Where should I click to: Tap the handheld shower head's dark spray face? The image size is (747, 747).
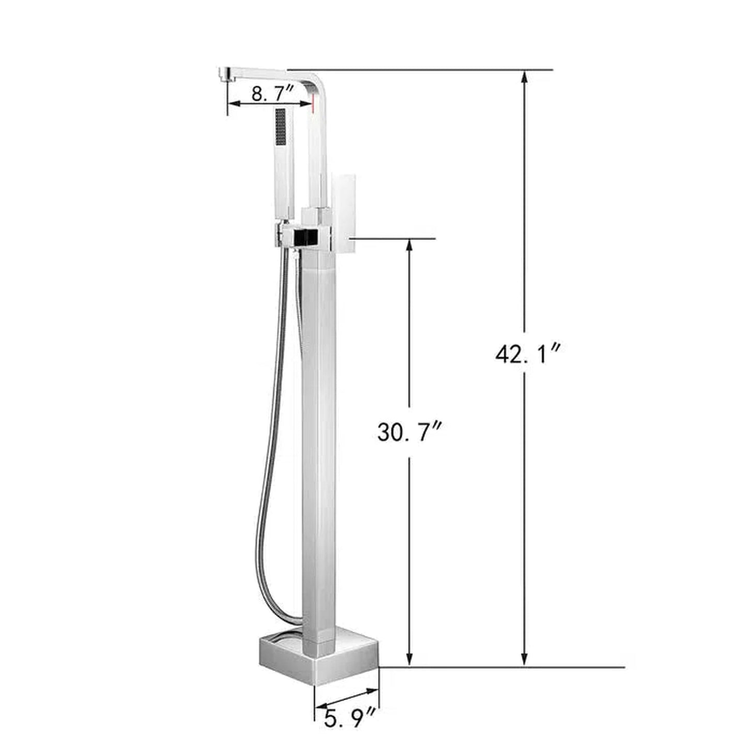click(281, 127)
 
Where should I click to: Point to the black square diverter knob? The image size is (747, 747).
click(306, 238)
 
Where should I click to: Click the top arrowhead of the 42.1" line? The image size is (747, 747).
click(525, 77)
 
